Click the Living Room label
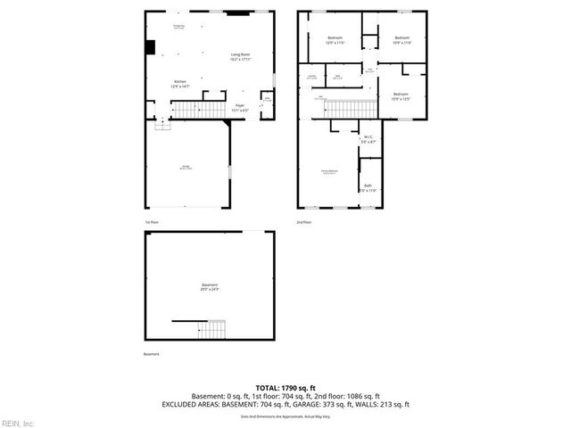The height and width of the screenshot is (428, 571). [240, 57]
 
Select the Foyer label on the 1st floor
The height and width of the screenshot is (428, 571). [240, 108]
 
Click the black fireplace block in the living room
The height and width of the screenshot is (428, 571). [151, 46]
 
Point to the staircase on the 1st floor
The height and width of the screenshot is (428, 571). [188, 110]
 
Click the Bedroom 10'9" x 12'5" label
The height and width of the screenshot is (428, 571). [400, 96]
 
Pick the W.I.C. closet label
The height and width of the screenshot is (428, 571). [368, 139]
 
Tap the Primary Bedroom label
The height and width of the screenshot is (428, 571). [330, 171]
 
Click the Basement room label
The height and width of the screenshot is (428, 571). [210, 287]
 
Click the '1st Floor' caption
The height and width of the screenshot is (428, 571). [152, 222]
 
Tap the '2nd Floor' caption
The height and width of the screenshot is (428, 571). [304, 222]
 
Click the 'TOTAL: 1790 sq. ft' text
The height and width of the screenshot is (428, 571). [285, 389]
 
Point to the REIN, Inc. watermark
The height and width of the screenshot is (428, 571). [18, 422]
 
